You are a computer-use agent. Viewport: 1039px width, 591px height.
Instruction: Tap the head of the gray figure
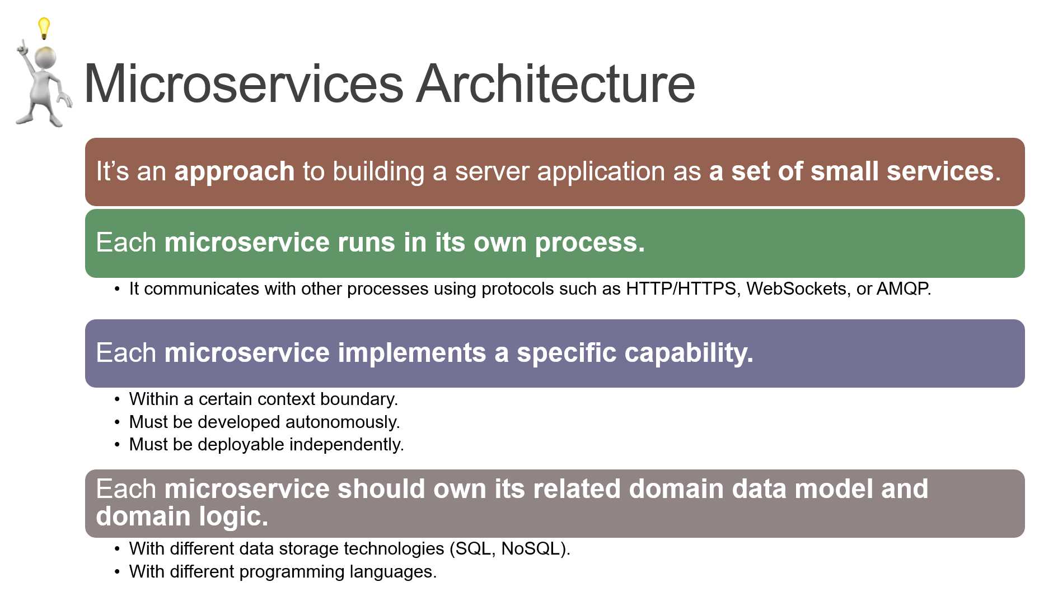pos(45,57)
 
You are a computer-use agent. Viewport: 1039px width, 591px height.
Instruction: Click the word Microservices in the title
pos(243,84)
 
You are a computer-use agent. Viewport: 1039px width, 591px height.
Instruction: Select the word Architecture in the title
pos(555,84)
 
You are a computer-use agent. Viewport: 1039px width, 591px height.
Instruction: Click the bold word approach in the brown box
pos(234,171)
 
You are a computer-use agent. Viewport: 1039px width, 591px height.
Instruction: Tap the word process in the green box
pos(589,243)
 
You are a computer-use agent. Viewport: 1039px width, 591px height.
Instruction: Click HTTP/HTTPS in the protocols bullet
pos(680,289)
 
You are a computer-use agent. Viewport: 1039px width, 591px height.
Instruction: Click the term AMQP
pos(902,289)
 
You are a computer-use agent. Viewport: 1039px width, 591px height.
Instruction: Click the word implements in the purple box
pos(411,353)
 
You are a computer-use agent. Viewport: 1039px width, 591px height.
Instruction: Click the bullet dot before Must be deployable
pos(117,445)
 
